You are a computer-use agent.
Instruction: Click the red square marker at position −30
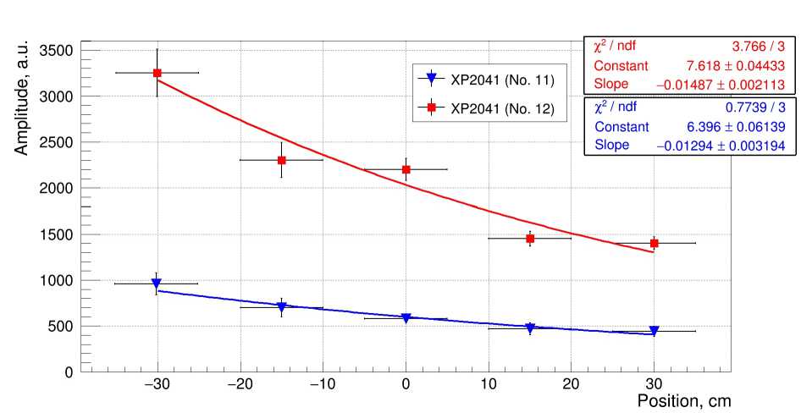(x=157, y=73)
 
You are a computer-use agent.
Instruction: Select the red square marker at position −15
(x=281, y=160)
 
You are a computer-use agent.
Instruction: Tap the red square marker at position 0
(x=406, y=169)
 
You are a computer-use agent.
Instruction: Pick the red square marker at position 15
(x=530, y=239)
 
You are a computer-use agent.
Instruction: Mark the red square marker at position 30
(x=655, y=243)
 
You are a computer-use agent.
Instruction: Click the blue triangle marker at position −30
(x=157, y=284)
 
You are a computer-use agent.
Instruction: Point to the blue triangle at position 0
(x=406, y=318)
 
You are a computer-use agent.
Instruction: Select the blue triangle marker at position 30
(x=655, y=331)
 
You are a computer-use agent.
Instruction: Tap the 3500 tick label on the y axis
(x=55, y=51)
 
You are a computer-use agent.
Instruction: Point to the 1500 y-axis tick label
(x=55, y=234)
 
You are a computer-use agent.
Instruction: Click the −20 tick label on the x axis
(x=240, y=385)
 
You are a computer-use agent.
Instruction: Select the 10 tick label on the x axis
(x=489, y=385)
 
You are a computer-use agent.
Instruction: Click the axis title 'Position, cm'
(x=683, y=400)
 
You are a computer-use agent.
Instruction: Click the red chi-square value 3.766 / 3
(x=759, y=47)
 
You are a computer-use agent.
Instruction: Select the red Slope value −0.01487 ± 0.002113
(x=721, y=84)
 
